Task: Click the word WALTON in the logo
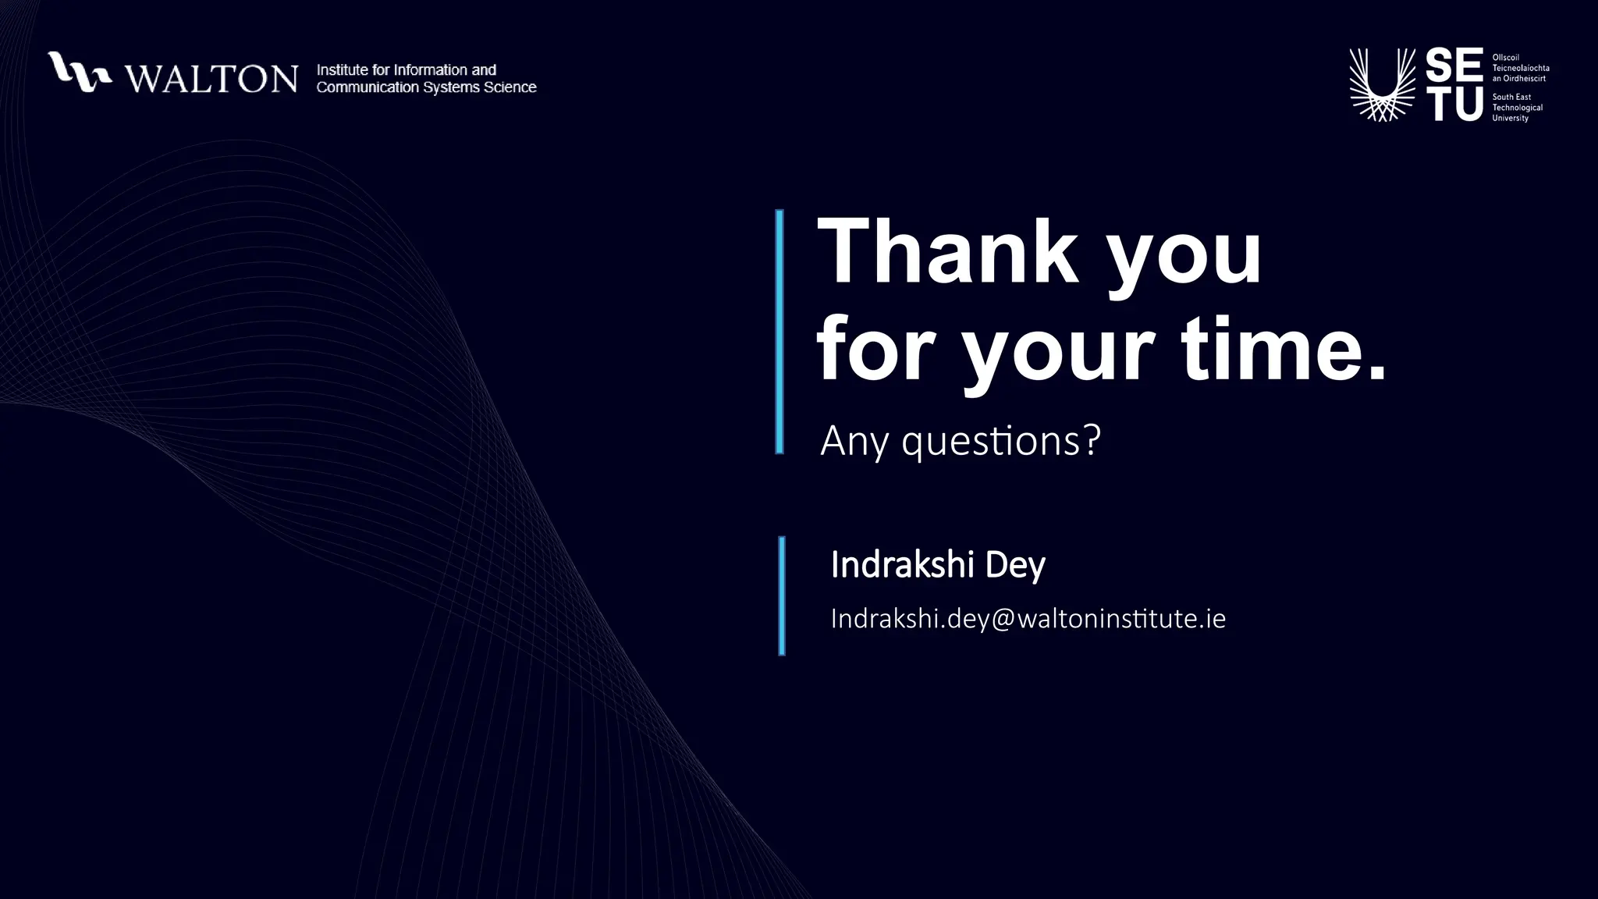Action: click(x=211, y=78)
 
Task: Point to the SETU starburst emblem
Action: click(x=1382, y=85)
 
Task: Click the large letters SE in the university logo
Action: click(x=1454, y=66)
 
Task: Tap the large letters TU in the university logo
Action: click(x=1454, y=104)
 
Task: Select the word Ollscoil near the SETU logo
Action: click(x=1505, y=58)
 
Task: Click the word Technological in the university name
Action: click(x=1517, y=108)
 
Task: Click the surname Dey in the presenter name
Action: click(x=1014, y=565)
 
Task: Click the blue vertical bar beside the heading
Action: click(x=779, y=332)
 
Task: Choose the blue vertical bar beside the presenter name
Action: click(x=782, y=595)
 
